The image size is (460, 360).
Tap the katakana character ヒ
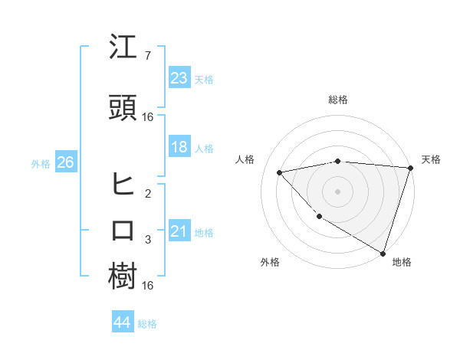(x=123, y=184)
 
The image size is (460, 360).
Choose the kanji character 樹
(x=123, y=277)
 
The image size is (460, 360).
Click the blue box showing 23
(x=179, y=78)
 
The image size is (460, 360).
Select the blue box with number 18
(x=179, y=147)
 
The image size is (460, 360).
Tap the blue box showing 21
(x=179, y=231)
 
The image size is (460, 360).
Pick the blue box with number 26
(x=65, y=162)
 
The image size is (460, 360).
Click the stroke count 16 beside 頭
(x=148, y=117)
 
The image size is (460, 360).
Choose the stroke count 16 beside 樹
(x=148, y=286)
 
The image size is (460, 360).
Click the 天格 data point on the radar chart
(x=409, y=168)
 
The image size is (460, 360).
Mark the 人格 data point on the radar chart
(x=280, y=172)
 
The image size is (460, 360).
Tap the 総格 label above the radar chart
(x=338, y=100)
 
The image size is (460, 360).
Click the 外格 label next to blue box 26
(x=41, y=163)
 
